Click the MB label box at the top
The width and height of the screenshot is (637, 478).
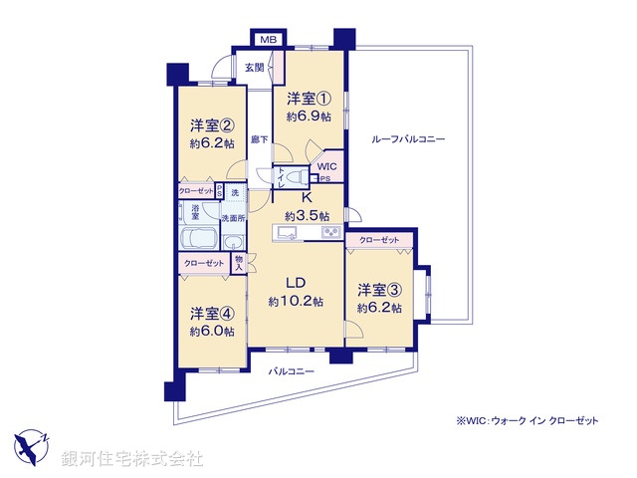[x=268, y=39]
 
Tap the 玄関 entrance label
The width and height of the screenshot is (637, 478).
[x=254, y=68]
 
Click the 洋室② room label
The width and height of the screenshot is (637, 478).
[x=212, y=126]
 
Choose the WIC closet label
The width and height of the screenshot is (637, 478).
[x=327, y=166]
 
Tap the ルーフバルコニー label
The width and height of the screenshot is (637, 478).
[x=408, y=139]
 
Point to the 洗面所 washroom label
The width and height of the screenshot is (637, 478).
[x=232, y=218]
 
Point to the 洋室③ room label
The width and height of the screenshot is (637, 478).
[x=379, y=291]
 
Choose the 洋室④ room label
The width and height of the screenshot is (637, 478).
[x=212, y=312]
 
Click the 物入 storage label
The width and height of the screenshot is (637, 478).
[x=239, y=262]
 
